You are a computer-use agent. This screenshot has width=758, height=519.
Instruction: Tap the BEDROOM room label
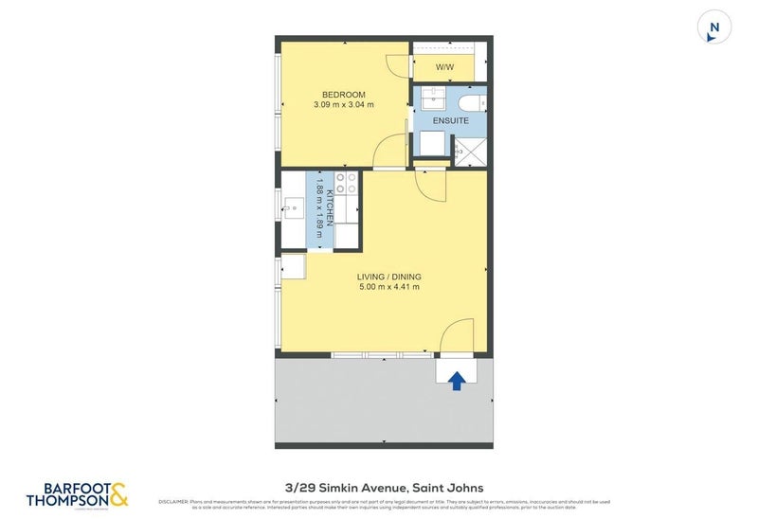coord(344,94)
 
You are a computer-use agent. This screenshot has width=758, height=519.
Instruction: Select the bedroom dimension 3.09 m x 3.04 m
coord(344,105)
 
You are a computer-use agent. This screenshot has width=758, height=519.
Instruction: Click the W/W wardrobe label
coord(444,68)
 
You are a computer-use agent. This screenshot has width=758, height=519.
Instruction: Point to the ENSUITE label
coord(450,120)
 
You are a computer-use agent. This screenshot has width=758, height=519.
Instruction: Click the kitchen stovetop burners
coord(346,183)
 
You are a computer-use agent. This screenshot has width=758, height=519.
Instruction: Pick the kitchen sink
coord(293,204)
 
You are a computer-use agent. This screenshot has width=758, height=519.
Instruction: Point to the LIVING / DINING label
coord(388,277)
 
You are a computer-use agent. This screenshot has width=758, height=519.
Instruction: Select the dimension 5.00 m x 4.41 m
coord(388,288)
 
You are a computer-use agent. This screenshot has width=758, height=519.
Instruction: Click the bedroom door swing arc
coord(390,151)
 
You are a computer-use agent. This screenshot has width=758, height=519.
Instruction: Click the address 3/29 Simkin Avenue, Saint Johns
coord(378,488)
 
